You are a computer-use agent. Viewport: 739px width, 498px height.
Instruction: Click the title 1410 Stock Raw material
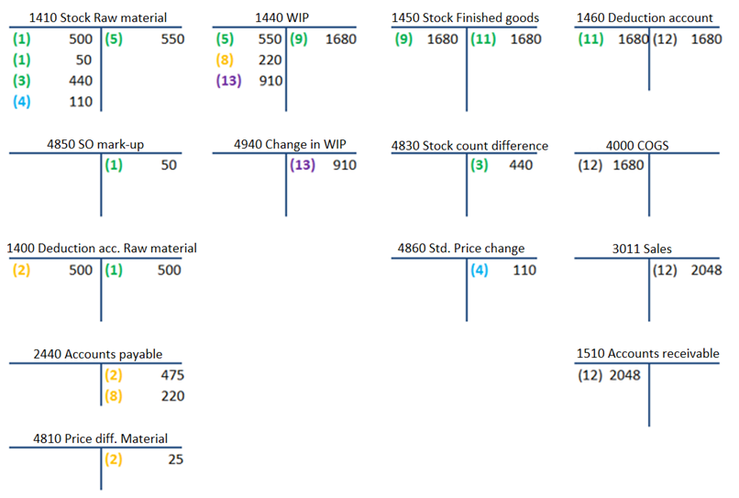(x=97, y=18)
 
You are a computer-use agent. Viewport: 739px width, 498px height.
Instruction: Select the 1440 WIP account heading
(x=281, y=18)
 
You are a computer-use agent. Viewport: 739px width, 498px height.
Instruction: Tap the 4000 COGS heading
(x=637, y=146)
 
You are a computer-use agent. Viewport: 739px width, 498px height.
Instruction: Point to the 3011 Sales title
(x=642, y=249)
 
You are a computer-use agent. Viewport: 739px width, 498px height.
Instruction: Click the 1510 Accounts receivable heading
(x=647, y=353)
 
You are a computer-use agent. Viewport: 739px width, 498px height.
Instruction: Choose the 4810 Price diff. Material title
(x=100, y=438)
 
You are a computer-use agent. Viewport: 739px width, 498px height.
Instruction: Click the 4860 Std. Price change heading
(x=461, y=248)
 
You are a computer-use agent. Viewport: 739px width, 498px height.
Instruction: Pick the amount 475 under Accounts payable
(x=172, y=375)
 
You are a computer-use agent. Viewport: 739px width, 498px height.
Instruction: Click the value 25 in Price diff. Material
(x=176, y=459)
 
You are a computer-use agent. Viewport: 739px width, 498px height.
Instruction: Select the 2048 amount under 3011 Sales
(x=706, y=270)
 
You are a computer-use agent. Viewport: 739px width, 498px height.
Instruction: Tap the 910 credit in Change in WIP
(x=345, y=164)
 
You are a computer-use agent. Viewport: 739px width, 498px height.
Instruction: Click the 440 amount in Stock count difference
(x=521, y=164)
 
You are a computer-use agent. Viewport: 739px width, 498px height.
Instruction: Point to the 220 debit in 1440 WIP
(x=270, y=60)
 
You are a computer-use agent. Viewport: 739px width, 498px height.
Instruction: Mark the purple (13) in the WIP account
(x=228, y=81)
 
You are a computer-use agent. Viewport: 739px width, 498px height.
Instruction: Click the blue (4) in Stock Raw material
(x=22, y=102)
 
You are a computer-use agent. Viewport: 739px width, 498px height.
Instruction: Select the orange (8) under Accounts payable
(x=114, y=395)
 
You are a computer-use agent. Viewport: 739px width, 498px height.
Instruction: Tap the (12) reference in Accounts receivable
(x=590, y=375)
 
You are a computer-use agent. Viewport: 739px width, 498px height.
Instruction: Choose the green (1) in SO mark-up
(x=114, y=164)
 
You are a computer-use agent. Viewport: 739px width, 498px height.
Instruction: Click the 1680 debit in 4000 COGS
(x=628, y=164)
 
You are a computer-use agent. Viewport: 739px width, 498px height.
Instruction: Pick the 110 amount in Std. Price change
(x=524, y=270)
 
